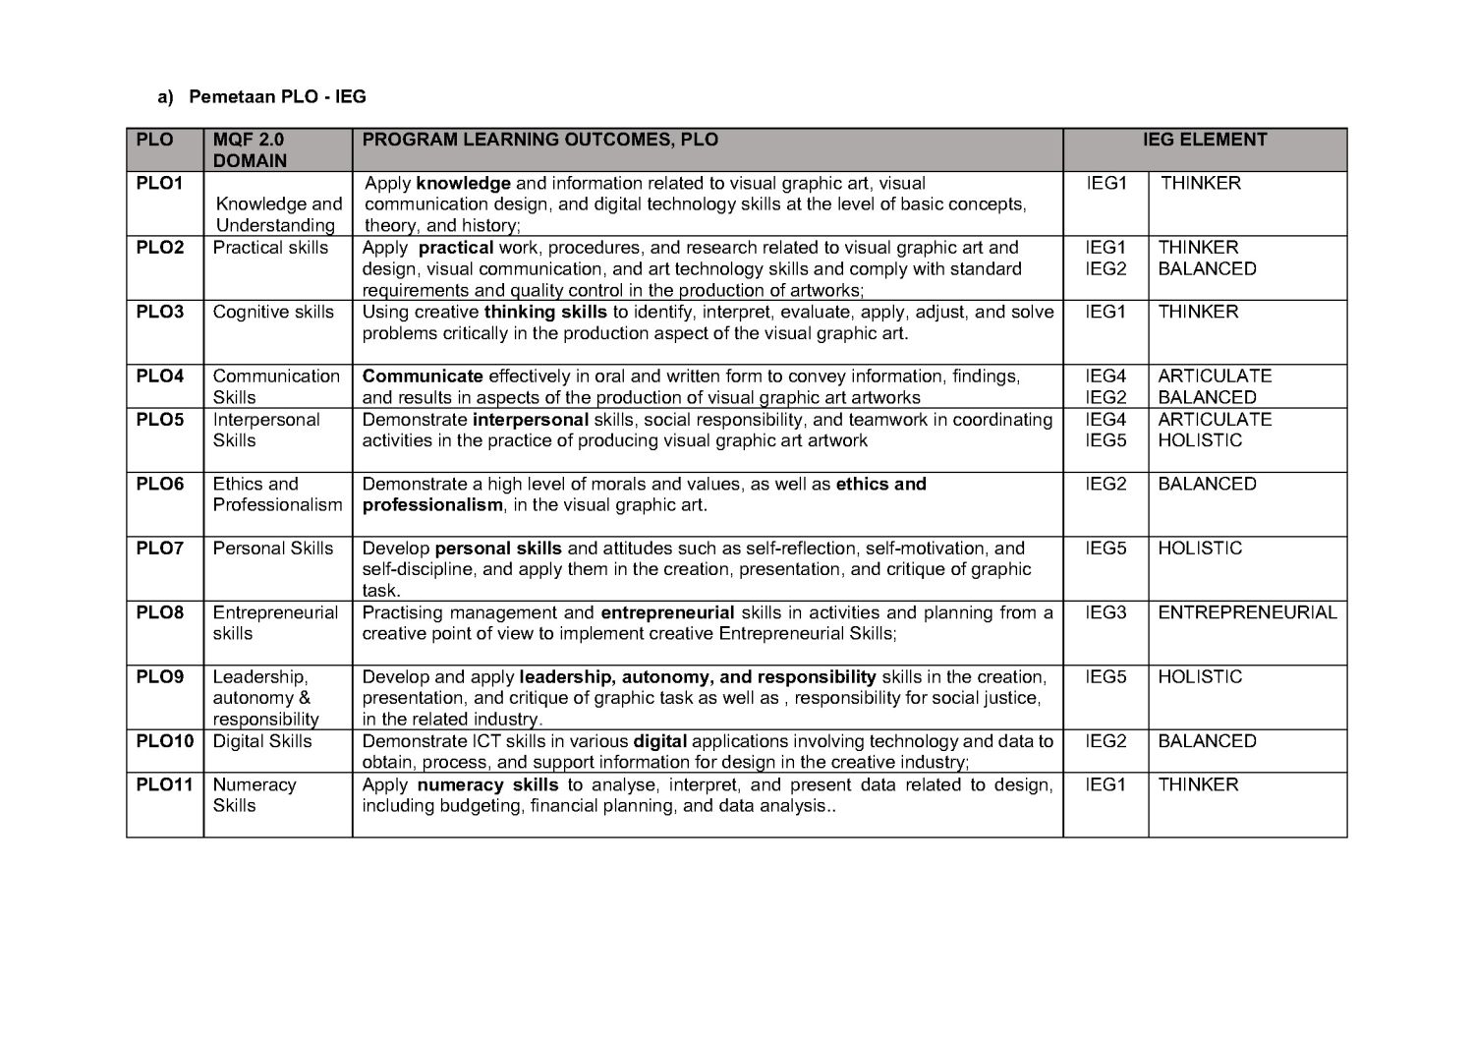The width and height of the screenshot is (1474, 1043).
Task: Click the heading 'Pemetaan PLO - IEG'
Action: tap(277, 96)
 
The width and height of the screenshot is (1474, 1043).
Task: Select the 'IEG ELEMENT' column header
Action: tap(1205, 140)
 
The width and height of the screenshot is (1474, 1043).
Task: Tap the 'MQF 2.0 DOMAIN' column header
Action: tap(250, 150)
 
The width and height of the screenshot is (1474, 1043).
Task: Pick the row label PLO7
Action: tap(159, 549)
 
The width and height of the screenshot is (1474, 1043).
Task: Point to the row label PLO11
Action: tap(164, 784)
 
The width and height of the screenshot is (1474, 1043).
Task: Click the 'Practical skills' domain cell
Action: tap(270, 248)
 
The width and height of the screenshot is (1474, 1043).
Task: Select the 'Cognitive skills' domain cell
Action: tap(273, 312)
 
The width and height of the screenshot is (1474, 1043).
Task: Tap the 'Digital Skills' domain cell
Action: tap(262, 741)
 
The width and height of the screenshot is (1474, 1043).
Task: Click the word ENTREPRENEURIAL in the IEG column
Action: tap(1247, 612)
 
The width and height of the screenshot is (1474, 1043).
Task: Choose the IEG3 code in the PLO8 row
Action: tap(1105, 612)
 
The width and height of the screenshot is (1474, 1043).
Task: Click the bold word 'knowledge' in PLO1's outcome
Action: tap(463, 183)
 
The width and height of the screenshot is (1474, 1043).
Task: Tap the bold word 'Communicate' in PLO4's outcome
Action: tap(423, 376)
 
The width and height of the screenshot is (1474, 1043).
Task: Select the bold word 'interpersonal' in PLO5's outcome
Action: tap(531, 420)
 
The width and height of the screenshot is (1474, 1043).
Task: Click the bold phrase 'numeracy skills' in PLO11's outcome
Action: tap(487, 784)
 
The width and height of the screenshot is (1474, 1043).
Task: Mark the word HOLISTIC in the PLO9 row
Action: tap(1200, 676)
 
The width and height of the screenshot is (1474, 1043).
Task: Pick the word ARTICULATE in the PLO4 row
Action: tap(1215, 376)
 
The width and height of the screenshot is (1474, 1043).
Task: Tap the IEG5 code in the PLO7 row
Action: tap(1105, 549)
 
